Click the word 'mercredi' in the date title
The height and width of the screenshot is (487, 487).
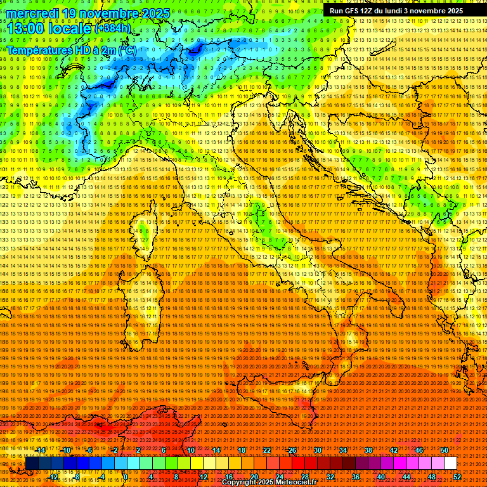[32, 13]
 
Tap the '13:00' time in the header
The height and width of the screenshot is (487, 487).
[25, 28]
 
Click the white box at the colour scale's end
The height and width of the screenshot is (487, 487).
[450, 463]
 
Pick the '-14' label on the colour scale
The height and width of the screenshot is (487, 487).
[41, 450]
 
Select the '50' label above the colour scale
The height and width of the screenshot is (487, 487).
[445, 450]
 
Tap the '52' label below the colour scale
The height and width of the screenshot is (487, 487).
[456, 476]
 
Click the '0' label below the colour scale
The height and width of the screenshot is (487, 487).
[126, 476]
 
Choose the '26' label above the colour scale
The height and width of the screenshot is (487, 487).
[292, 450]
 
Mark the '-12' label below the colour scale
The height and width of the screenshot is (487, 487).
[53, 476]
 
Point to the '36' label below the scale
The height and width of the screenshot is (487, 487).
[356, 476]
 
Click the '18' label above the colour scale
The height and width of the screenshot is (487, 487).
[242, 450]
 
